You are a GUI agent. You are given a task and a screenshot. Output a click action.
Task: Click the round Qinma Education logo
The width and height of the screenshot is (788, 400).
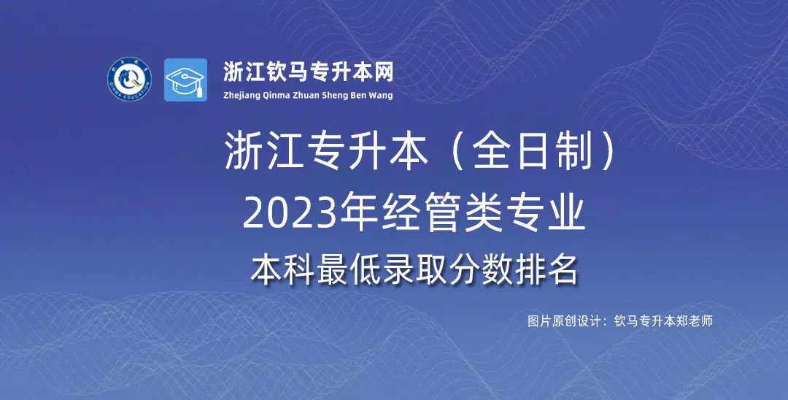(x=130, y=80)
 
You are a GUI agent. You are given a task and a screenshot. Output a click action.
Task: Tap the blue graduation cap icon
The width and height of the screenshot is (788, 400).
(x=185, y=80)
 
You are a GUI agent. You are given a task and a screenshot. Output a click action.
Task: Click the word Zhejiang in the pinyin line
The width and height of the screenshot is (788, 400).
(x=242, y=96)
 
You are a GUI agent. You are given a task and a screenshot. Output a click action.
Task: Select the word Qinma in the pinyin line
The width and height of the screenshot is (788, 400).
(x=277, y=96)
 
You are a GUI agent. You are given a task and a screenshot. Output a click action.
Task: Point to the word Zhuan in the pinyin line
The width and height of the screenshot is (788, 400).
(x=306, y=95)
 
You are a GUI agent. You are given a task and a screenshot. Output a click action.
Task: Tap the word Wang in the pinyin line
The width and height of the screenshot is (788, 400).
(x=382, y=96)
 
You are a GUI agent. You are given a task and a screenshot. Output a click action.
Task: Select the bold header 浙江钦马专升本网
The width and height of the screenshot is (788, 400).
(x=308, y=72)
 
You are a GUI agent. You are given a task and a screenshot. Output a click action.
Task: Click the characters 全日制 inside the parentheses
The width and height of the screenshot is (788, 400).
(x=532, y=152)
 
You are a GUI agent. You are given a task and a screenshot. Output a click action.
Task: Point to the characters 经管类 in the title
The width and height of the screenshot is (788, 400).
(x=441, y=215)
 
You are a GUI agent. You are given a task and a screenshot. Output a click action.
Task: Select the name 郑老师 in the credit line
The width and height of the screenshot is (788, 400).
(x=695, y=321)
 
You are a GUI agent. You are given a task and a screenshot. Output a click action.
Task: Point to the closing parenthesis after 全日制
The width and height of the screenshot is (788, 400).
(x=608, y=152)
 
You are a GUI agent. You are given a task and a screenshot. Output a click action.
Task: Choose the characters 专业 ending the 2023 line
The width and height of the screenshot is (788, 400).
(x=546, y=215)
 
